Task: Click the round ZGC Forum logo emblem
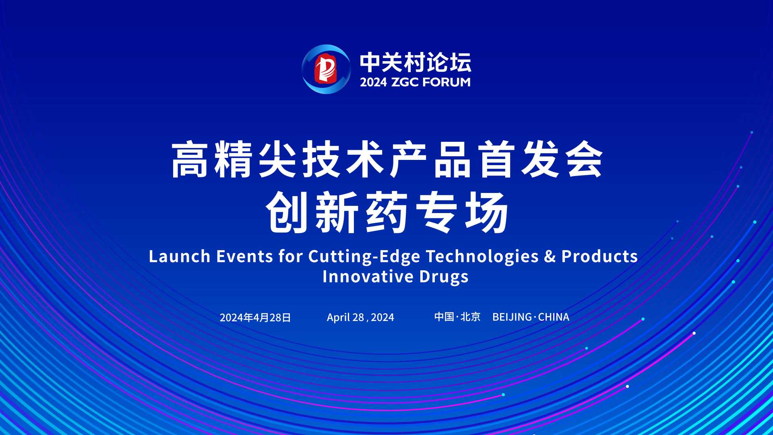[326, 69]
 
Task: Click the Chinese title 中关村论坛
[415, 62]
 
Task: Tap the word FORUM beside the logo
[446, 82]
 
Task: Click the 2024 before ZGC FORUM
[373, 82]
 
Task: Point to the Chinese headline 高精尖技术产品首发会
[387, 159]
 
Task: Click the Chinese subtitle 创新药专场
[387, 212]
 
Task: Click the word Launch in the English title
[180, 256]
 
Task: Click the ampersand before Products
[550, 257]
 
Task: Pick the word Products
[600, 256]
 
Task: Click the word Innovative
[368, 277]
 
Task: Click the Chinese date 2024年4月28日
[255, 317]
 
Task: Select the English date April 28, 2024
[360, 317]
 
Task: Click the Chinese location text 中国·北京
[457, 317]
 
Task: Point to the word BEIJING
[512, 317]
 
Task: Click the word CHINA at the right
[554, 317]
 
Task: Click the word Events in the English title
[245, 256]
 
